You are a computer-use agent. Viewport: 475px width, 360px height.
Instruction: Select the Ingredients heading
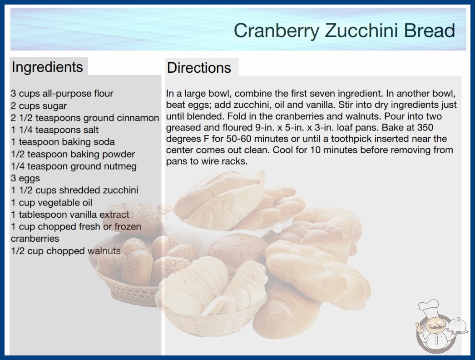point(47,67)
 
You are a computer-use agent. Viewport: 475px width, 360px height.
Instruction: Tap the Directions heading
point(199,68)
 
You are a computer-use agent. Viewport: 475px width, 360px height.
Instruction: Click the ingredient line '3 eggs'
point(25,178)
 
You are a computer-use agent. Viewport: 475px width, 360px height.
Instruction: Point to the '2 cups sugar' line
point(39,106)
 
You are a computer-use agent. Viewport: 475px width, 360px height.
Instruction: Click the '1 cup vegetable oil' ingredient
point(51,202)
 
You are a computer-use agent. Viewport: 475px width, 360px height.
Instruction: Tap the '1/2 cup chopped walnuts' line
point(66,251)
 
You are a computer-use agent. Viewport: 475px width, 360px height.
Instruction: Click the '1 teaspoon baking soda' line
point(63,142)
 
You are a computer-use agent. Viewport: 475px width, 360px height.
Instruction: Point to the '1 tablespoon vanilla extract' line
point(70,215)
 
